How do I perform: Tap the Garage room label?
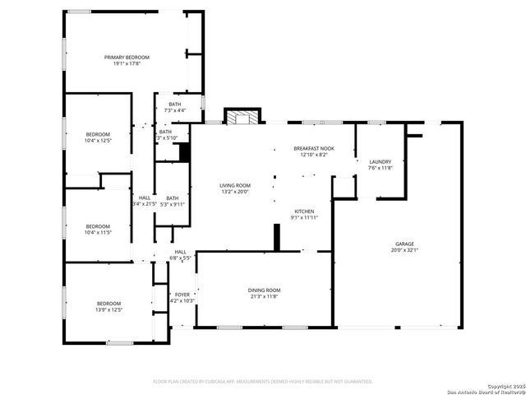pyautogui.click(x=404, y=244)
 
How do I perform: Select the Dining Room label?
pyautogui.click(x=264, y=290)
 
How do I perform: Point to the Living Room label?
pyautogui.click(x=234, y=185)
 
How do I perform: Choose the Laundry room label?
pyautogui.click(x=380, y=162)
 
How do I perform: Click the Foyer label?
pyautogui.click(x=182, y=295)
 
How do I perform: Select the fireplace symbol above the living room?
pyautogui.click(x=242, y=118)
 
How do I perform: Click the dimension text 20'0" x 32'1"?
pyautogui.click(x=404, y=251)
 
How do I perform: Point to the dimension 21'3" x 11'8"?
pyautogui.click(x=264, y=296)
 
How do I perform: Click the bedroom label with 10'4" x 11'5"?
pyautogui.click(x=98, y=226)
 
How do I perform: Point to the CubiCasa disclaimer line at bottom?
pyautogui.click(x=263, y=382)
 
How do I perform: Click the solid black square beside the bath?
pyautogui.click(x=184, y=152)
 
